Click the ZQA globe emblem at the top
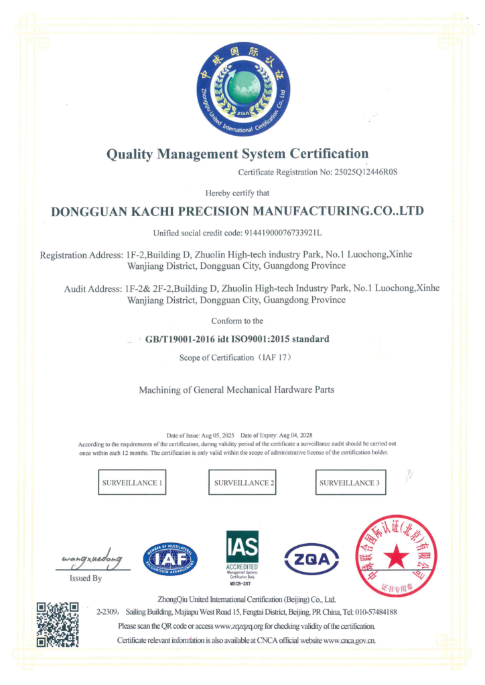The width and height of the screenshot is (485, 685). (242, 88)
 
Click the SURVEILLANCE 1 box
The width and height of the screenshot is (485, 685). (131, 482)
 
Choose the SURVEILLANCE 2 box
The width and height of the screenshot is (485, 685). (244, 482)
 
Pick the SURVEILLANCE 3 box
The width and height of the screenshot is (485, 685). (350, 482)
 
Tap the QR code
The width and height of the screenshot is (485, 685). (57, 624)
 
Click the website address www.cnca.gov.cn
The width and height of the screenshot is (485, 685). (341, 640)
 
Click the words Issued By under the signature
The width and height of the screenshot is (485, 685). (86, 578)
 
